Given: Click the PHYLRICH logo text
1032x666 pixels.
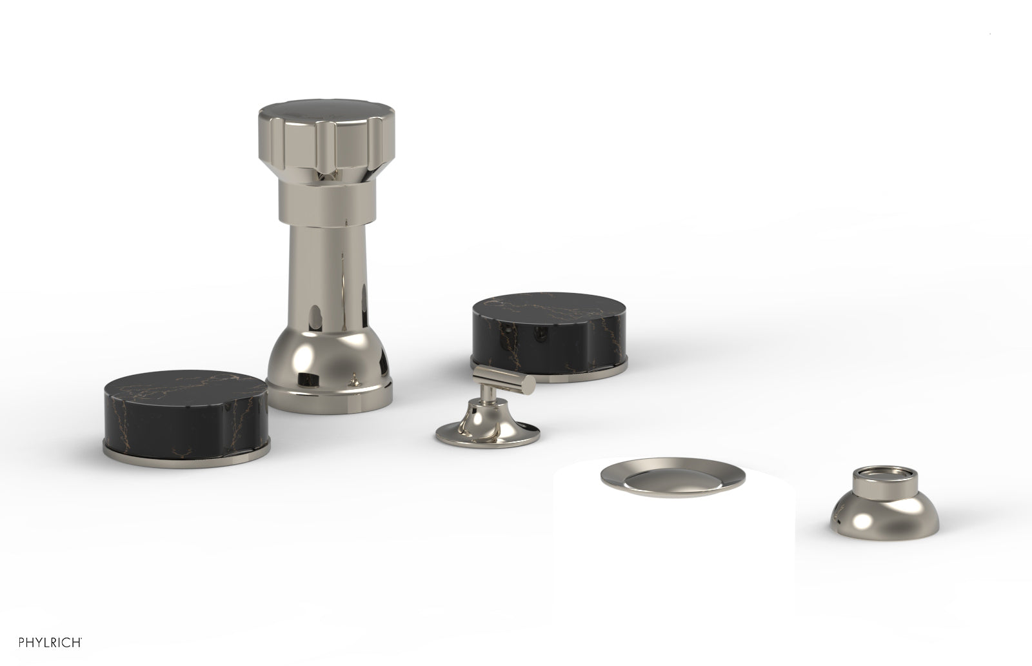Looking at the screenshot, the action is tap(50, 642).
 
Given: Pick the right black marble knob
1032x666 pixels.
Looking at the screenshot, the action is tap(549, 336).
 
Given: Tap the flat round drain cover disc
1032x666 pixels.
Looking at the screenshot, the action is tap(673, 477).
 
